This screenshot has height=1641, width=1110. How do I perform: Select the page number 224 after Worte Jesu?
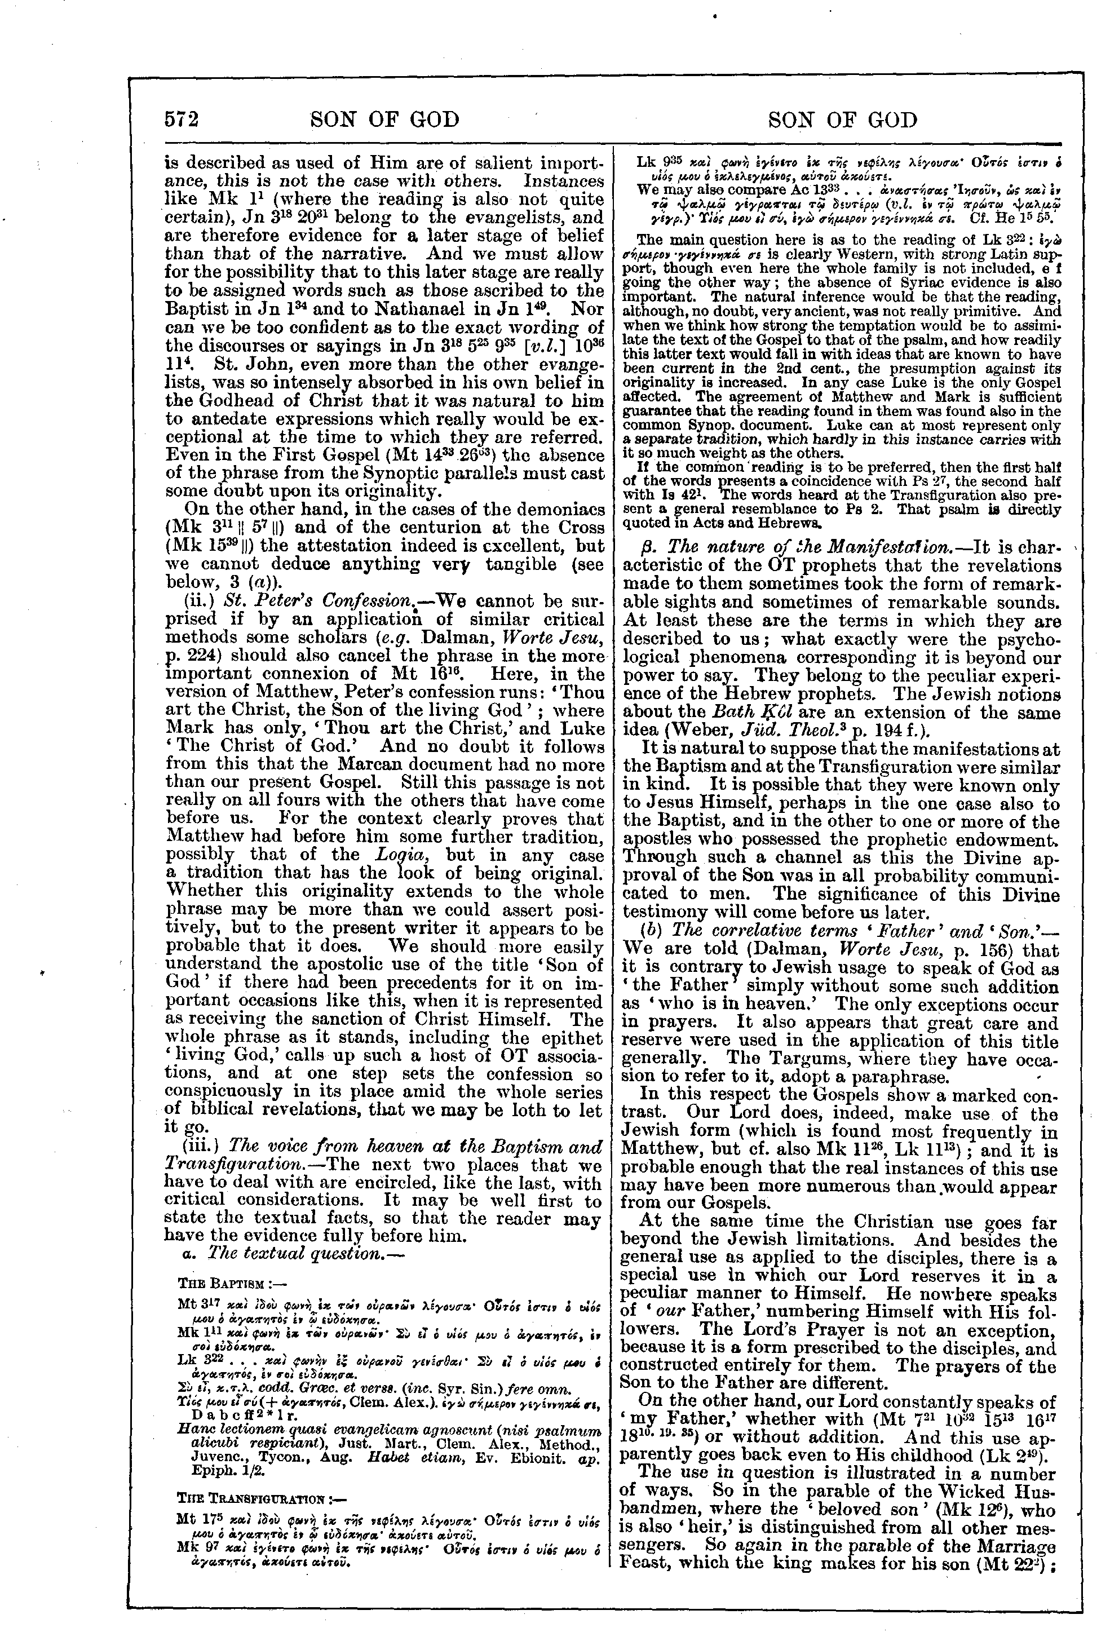204,655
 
